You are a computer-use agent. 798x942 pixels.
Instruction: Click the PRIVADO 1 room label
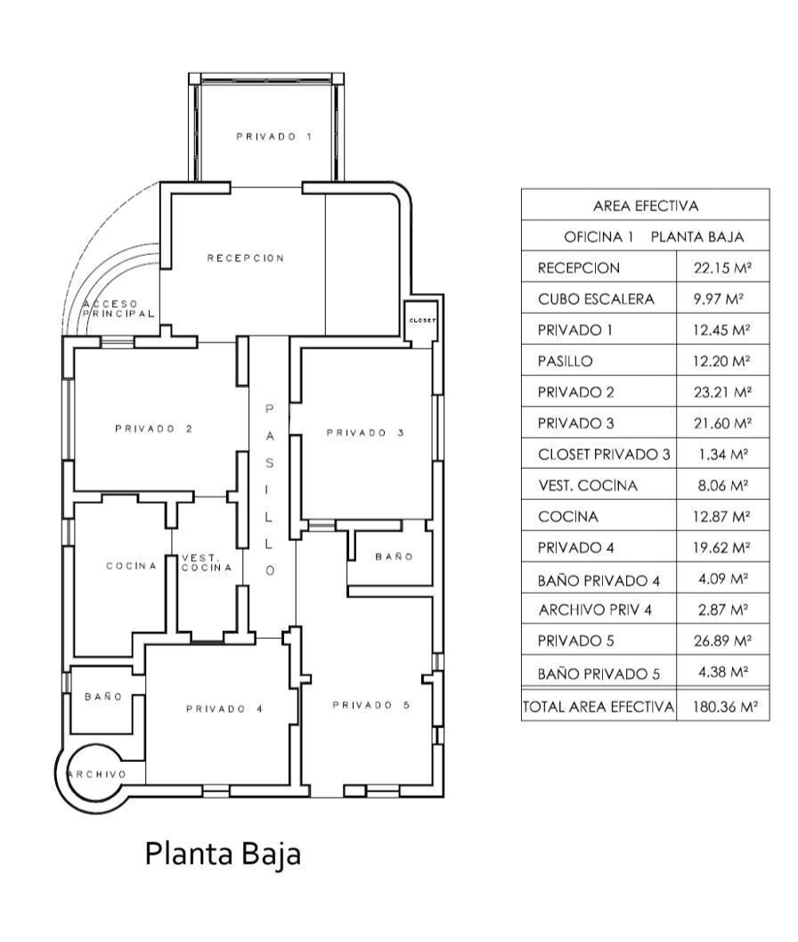pyautogui.click(x=273, y=136)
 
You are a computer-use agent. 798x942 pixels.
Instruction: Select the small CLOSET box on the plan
pyautogui.click(x=422, y=321)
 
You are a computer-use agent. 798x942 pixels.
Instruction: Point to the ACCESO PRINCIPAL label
pyautogui.click(x=118, y=308)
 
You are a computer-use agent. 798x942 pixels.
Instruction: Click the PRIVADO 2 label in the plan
pyautogui.click(x=154, y=429)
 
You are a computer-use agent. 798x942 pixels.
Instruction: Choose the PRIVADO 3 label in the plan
pyautogui.click(x=365, y=432)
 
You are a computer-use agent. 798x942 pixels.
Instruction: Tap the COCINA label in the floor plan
pyautogui.click(x=132, y=565)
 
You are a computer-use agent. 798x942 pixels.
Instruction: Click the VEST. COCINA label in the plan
pyautogui.click(x=207, y=563)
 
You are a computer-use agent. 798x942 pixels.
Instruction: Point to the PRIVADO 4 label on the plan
pyautogui.click(x=224, y=709)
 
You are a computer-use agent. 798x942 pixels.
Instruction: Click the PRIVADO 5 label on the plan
pyautogui.click(x=371, y=705)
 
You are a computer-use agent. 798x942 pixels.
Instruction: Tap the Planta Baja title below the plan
pyautogui.click(x=223, y=854)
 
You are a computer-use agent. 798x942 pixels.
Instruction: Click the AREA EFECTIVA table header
pyautogui.click(x=646, y=206)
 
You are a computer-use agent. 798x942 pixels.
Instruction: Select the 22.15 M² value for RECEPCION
pyautogui.click(x=723, y=267)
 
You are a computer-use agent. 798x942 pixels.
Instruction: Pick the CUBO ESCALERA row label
pyautogui.click(x=596, y=299)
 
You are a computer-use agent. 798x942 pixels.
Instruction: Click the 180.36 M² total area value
pyautogui.click(x=725, y=707)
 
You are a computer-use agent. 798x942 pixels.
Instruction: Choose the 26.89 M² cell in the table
pyautogui.click(x=723, y=641)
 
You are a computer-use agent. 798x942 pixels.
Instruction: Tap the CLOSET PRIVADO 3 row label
pyautogui.click(x=604, y=455)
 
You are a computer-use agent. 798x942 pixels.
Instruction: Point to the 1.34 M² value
pyautogui.click(x=723, y=455)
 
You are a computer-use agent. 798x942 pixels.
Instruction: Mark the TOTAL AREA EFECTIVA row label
pyautogui.click(x=598, y=707)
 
